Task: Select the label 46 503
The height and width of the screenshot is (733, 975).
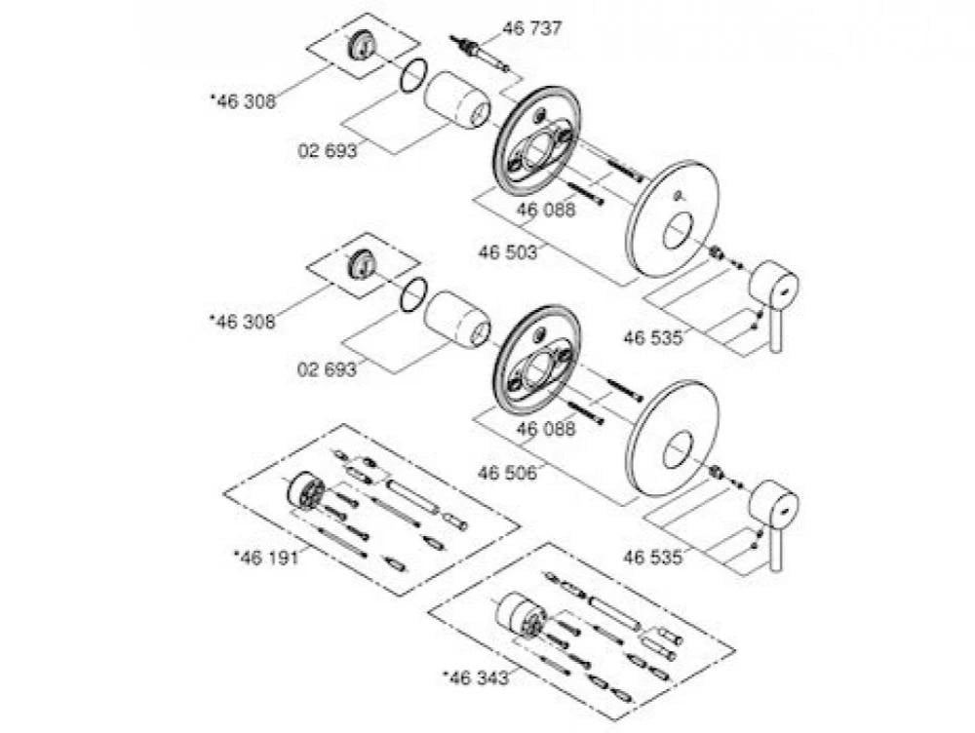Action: [x=507, y=252]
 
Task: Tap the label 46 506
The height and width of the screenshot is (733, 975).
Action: [x=507, y=472]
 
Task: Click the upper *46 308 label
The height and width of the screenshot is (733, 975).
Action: [x=243, y=99]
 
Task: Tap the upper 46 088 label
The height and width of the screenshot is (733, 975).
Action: [x=546, y=210]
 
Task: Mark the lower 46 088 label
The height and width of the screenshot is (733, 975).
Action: [x=546, y=429]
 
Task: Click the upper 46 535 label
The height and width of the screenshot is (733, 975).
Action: [x=651, y=339]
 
